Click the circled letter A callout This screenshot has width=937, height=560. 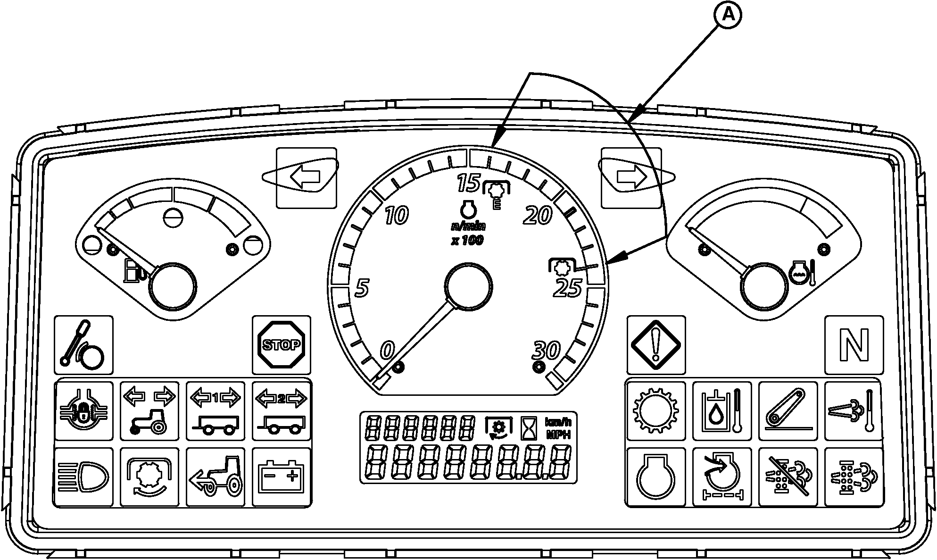(x=729, y=16)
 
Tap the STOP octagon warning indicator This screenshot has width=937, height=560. (x=282, y=345)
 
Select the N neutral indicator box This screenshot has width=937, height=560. (x=854, y=345)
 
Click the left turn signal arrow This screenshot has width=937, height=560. (x=305, y=177)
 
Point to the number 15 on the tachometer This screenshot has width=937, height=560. (x=468, y=183)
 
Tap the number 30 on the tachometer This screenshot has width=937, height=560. (x=546, y=350)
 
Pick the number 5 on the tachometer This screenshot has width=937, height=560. (x=362, y=288)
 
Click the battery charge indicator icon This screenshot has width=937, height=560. (x=282, y=477)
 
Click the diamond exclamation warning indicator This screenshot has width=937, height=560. (x=655, y=345)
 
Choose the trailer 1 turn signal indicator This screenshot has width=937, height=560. (x=216, y=411)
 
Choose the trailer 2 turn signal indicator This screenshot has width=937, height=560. (x=282, y=411)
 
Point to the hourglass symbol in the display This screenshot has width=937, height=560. (x=526, y=427)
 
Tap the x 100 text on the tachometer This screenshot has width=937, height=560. (x=467, y=241)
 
